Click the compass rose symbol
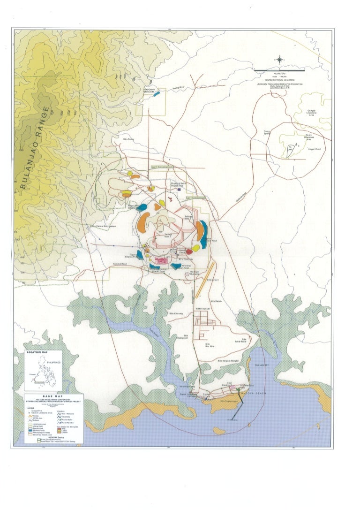pos(280,59)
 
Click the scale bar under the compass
pos(279,70)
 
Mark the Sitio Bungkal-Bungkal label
pos(229,360)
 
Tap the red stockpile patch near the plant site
pos(189,251)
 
